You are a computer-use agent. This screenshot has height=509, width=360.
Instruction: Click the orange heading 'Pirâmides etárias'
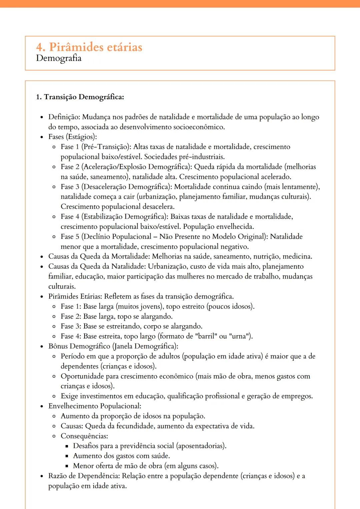95,47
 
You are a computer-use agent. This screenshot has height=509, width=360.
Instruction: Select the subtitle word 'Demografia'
59,58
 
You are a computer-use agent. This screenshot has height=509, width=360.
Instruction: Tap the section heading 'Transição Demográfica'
84,97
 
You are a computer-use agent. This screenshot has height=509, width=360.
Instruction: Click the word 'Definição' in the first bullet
64,117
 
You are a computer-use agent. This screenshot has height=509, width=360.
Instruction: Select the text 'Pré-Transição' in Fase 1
106,147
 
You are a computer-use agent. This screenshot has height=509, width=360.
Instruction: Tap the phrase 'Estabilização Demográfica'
124,217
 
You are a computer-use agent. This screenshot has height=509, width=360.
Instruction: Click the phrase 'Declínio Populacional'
117,237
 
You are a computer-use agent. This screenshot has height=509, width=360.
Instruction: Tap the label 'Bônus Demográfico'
79,346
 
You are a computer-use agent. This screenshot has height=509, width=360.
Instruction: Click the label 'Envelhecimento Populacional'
94,406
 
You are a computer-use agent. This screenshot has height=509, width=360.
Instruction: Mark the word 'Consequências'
84,436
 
